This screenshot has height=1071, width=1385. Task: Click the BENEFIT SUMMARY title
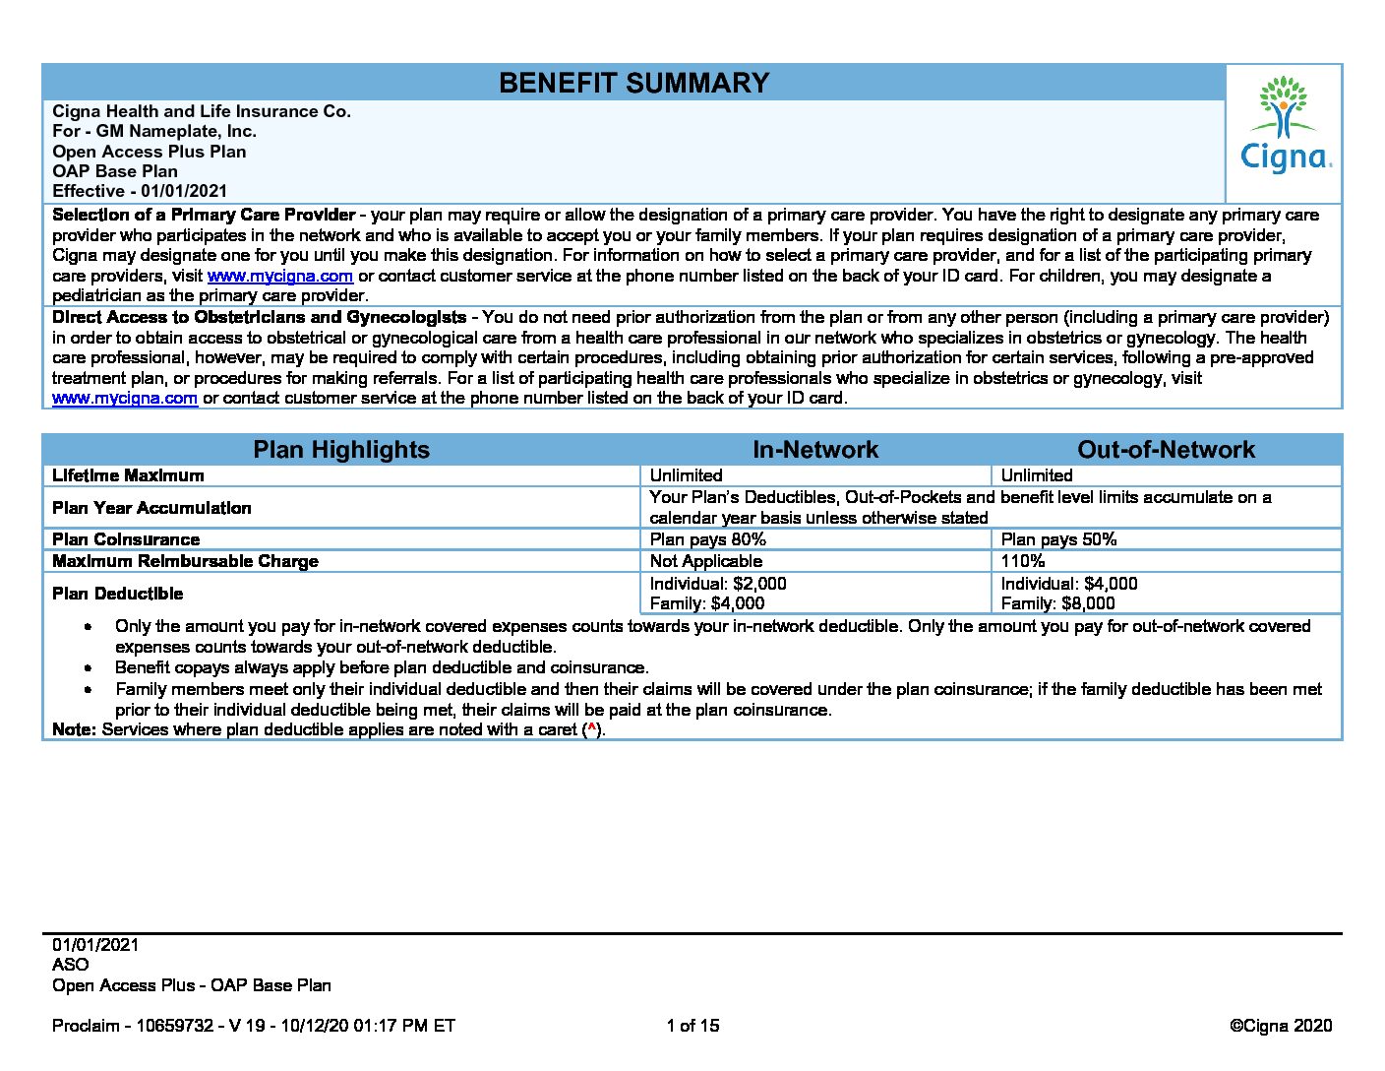(633, 83)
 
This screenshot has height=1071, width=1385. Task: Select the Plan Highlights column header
(341, 450)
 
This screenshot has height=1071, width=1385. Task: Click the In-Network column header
(814, 450)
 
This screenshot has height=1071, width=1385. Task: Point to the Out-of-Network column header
(1166, 450)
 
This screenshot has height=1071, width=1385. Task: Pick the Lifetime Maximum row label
(128, 475)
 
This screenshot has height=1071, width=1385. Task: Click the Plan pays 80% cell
(707, 539)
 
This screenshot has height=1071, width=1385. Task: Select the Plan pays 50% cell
(1058, 539)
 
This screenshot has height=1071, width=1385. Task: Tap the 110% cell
(1023, 561)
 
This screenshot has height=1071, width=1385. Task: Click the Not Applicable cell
(705, 561)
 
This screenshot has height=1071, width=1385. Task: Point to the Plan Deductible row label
(117, 594)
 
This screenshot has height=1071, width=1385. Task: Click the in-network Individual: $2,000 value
(718, 584)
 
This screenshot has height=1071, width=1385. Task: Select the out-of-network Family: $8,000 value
(1057, 603)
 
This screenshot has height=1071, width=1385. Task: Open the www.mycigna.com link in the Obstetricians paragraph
(125, 399)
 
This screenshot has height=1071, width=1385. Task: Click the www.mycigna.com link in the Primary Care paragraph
(279, 276)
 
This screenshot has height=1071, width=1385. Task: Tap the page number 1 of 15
(692, 1026)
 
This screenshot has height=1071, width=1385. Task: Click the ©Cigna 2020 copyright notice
(1280, 1026)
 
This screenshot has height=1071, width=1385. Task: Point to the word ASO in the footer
(70, 965)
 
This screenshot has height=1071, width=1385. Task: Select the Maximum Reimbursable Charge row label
(185, 561)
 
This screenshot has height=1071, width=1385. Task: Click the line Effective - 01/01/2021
(140, 191)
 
